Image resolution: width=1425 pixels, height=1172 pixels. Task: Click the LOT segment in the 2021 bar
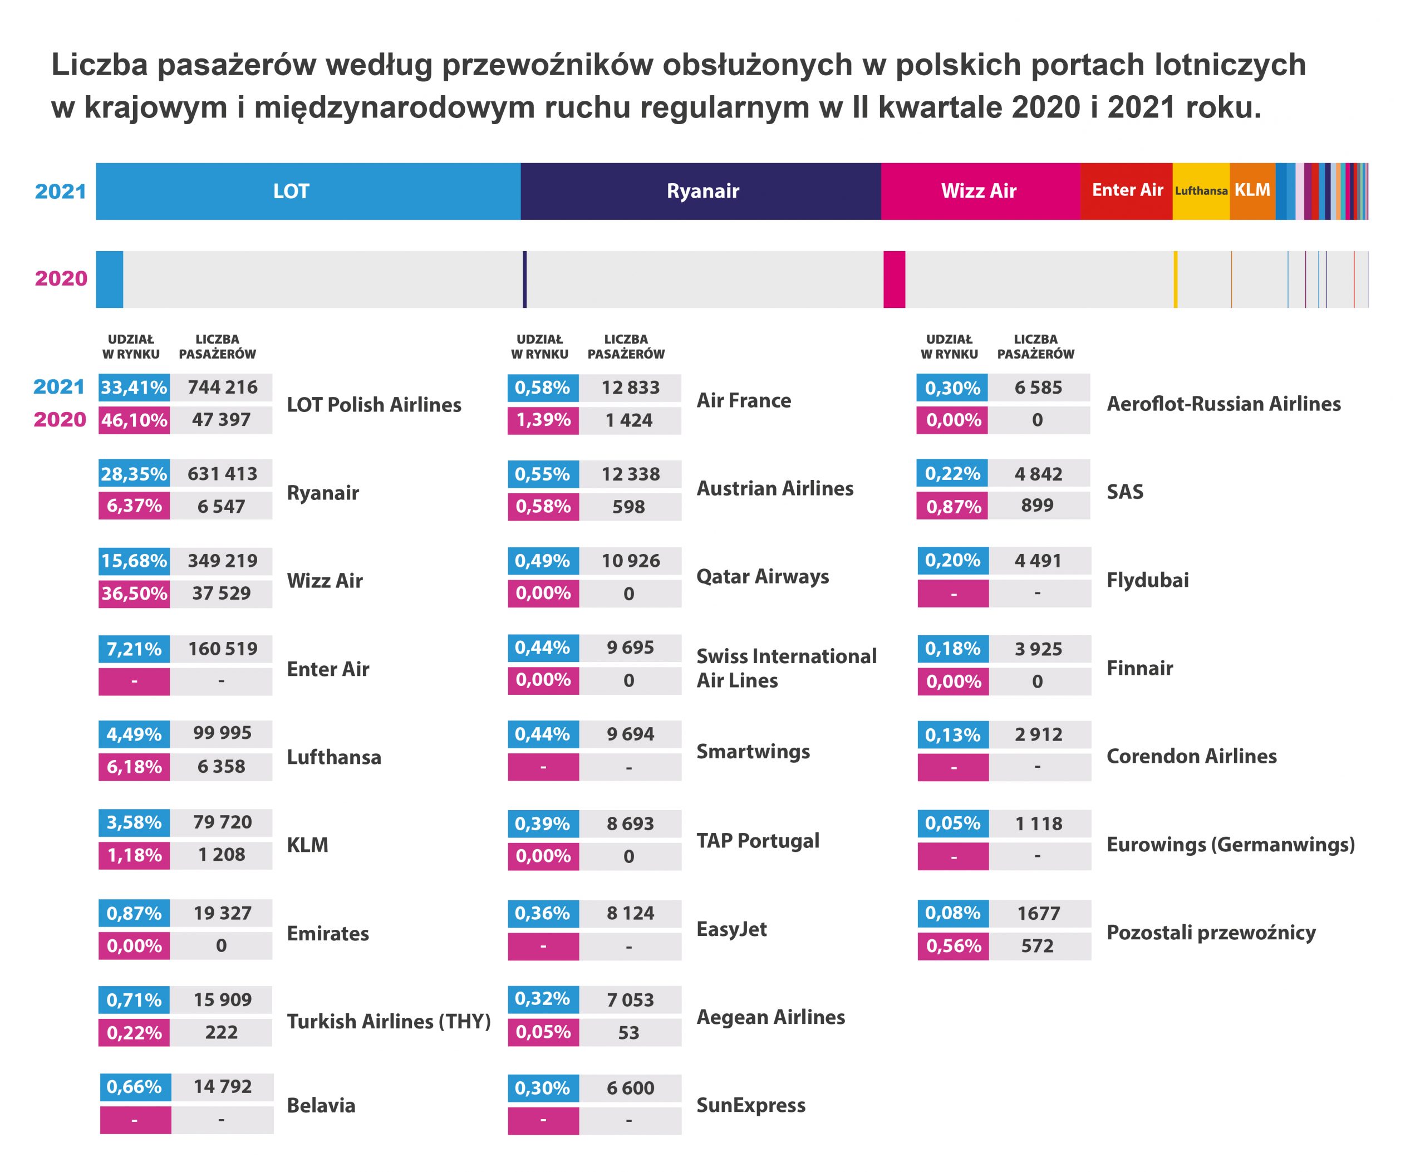point(308,191)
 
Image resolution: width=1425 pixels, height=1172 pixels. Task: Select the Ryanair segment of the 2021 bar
point(701,191)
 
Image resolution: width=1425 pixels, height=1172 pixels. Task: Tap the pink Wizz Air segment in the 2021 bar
point(980,191)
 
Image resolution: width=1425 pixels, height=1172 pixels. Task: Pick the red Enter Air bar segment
point(1126,191)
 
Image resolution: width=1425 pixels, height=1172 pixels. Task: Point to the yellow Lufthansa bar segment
point(1201,191)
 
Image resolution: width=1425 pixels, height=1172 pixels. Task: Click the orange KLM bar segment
point(1252,191)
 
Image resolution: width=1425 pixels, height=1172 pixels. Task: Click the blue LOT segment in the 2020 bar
point(109,279)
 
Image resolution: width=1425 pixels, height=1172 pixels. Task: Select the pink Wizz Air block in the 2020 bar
point(895,279)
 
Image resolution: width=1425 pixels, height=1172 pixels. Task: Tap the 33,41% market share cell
point(134,388)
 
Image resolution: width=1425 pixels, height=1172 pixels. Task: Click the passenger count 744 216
point(222,388)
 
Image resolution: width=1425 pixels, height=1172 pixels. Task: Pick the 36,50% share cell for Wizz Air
point(134,594)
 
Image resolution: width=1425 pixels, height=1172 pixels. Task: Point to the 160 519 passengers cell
point(222,649)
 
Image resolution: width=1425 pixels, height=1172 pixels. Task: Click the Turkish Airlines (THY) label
point(389,1022)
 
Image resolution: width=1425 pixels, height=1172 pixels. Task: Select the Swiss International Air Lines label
point(787,668)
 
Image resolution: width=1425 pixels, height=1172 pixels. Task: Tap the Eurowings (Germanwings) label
point(1231,845)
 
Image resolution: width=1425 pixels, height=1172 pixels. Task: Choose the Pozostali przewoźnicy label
point(1211,933)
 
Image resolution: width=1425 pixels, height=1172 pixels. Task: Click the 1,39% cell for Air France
point(543,420)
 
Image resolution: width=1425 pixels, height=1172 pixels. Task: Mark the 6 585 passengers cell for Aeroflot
point(1039,388)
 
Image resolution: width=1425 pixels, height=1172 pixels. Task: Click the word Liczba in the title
point(100,65)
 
